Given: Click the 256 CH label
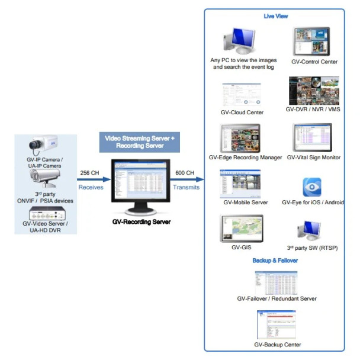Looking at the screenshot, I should tap(90, 173).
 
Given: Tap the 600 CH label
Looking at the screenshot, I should tap(185, 173).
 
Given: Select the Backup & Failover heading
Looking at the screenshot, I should tap(275, 261).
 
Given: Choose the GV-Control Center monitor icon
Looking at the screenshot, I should tap(311, 41).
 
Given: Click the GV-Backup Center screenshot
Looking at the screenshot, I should tap(276, 324).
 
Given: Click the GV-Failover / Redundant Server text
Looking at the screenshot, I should tap(277, 299).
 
